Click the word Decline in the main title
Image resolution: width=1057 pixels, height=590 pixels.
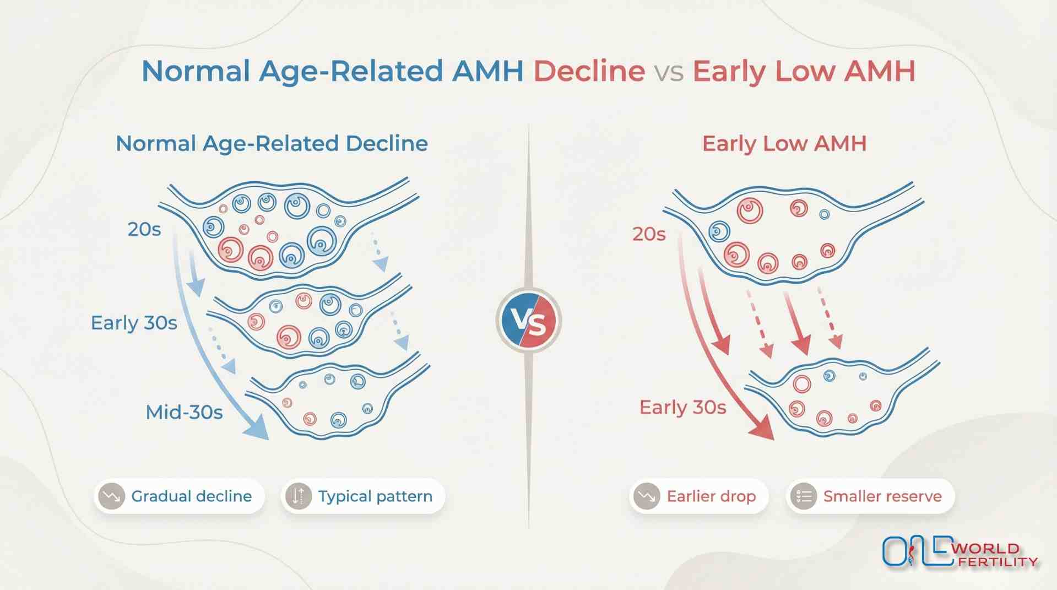click(589, 71)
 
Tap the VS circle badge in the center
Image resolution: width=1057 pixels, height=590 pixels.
click(529, 321)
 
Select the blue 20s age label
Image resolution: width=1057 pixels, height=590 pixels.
click(144, 229)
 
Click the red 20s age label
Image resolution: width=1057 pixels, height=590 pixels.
click(649, 234)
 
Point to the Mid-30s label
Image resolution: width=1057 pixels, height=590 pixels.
click(184, 412)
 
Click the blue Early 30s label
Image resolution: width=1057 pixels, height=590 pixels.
click(134, 323)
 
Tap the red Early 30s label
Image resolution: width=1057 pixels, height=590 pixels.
click(682, 407)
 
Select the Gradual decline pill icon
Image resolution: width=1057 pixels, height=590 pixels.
click(112, 496)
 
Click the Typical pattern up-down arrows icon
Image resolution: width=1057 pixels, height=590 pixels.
click(299, 496)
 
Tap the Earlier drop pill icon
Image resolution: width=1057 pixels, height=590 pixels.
click(647, 496)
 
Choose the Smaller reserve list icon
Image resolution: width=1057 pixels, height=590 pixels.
click(804, 496)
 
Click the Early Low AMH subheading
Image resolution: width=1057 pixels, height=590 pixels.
click(784, 144)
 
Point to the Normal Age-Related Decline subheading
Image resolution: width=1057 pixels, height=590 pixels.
click(272, 144)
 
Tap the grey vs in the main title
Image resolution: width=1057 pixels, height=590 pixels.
click(669, 72)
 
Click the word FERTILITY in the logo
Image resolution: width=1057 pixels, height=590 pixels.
click(998, 562)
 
